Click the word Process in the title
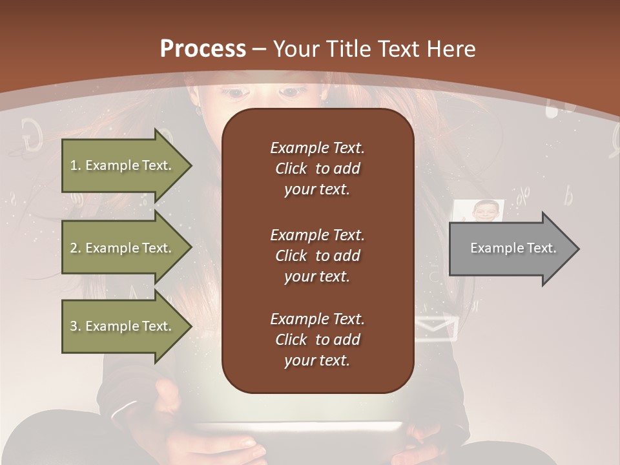click(203, 49)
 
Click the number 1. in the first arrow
click(76, 165)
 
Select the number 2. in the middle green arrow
click(76, 248)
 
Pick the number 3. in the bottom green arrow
click(76, 326)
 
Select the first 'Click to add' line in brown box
click(317, 169)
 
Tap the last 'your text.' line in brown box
click(317, 361)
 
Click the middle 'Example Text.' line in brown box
click(317, 234)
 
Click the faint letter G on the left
click(31, 134)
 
